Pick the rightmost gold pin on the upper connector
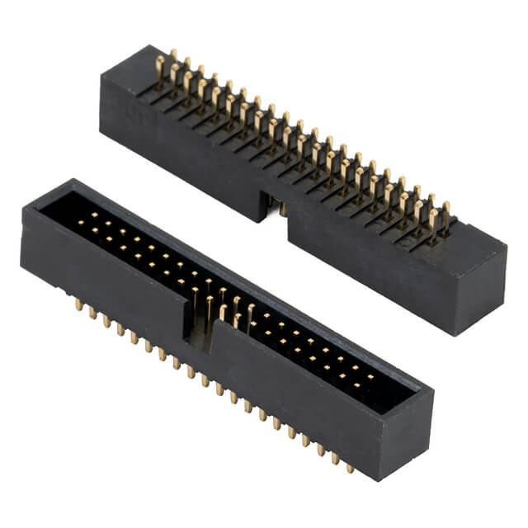pos(445,216)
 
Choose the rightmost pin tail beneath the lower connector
pos(350,468)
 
